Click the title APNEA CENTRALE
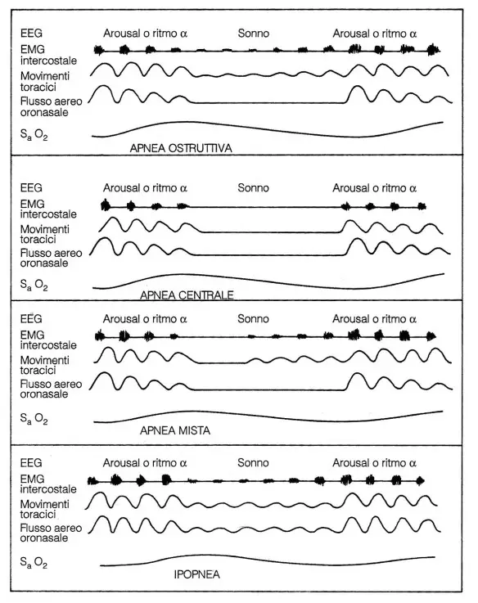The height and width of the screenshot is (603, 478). (187, 295)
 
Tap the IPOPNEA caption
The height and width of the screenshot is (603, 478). (197, 574)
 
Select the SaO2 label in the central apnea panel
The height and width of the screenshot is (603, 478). (35, 283)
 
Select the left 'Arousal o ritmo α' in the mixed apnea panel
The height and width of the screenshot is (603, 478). (146, 317)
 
